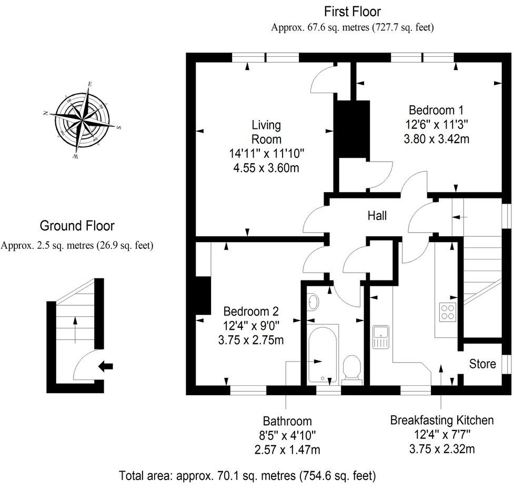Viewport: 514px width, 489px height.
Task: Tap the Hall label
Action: coord(377,216)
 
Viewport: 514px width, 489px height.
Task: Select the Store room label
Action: coord(482,364)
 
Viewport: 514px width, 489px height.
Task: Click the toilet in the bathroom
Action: coord(351,367)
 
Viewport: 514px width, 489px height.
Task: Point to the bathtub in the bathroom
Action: coord(322,353)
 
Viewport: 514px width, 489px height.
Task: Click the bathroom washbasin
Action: coord(313,303)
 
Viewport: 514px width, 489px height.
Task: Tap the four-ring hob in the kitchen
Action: coord(448,313)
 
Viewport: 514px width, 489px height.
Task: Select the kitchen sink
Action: coord(380,337)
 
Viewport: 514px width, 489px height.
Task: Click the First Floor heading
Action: coord(352,11)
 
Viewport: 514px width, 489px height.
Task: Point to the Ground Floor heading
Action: coord(77,226)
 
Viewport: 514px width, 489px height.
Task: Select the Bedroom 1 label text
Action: coord(436,111)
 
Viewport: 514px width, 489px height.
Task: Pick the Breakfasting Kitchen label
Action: coord(441,420)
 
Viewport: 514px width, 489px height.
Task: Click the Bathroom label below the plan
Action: coord(287,421)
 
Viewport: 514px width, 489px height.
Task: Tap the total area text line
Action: coord(247,476)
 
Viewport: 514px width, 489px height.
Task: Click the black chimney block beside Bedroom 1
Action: coord(347,128)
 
